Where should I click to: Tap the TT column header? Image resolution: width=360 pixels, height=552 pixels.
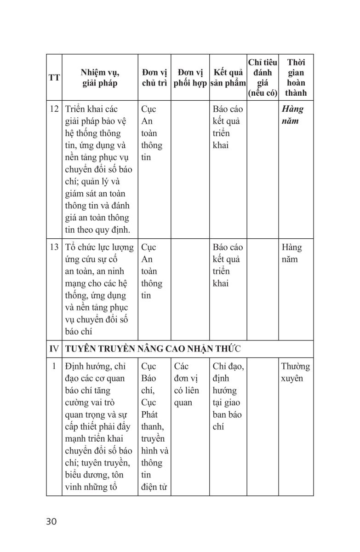54,78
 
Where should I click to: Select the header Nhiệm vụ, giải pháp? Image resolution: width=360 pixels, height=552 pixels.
100,78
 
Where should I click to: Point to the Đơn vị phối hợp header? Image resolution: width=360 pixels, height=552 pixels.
190,78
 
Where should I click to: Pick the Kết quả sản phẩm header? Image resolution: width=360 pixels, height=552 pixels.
228,78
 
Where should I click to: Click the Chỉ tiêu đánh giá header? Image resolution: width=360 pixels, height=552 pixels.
262,78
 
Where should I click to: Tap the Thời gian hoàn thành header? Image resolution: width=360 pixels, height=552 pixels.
295,78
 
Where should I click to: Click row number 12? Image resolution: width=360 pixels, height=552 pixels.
54,109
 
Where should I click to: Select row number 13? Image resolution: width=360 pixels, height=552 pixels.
54,247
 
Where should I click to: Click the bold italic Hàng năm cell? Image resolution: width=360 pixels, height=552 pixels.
292,115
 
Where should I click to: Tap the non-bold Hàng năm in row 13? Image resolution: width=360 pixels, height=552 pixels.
291,253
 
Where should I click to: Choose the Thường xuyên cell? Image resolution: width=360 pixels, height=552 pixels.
295,373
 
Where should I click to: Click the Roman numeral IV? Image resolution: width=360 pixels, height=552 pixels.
54,349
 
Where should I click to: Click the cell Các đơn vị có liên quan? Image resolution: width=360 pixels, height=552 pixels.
187,385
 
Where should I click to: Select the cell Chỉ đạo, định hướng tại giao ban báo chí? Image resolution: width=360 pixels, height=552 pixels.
229,397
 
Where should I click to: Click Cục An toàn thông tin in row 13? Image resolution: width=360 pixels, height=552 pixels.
151,271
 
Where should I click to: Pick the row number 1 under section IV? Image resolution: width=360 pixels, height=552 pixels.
54,367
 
